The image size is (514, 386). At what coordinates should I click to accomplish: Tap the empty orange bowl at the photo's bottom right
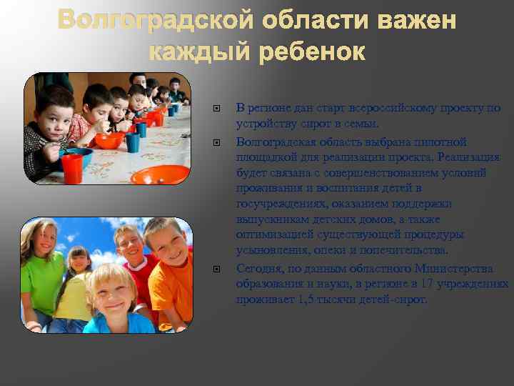point(160,174)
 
